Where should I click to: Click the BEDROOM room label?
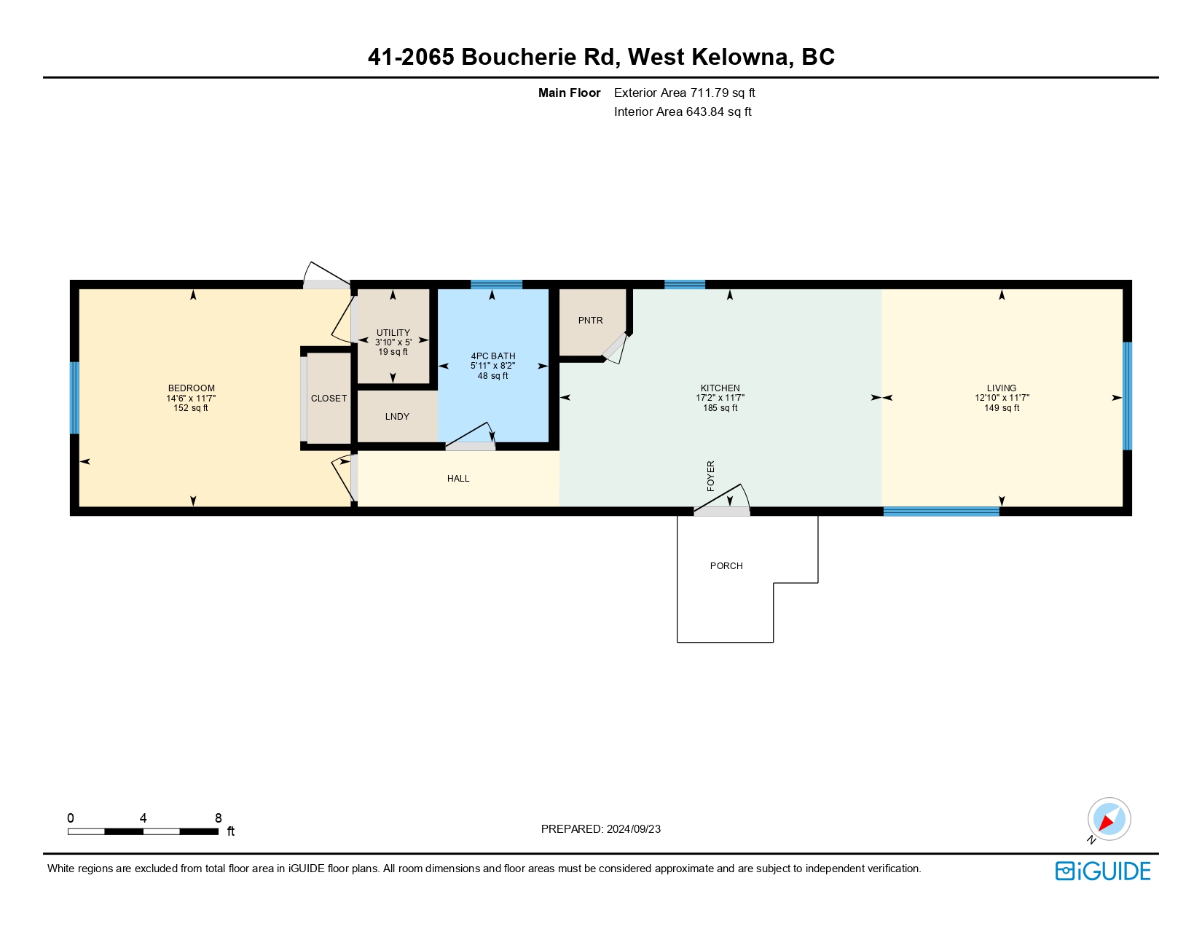192,388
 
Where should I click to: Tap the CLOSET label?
329,399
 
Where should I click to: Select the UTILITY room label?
393,332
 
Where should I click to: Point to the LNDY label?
397,417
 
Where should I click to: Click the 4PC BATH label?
493,356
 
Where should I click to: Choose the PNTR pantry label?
590,321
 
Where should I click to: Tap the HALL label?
458,479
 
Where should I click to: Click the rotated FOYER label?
711,476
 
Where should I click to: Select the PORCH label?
726,566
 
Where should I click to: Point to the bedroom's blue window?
74,398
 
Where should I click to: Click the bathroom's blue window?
496,284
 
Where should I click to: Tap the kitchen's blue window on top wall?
685,284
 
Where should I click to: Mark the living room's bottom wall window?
941,511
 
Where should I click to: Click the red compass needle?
1107,823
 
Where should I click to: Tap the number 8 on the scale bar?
219,818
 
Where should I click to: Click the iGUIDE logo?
1102,871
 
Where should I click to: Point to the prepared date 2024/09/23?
633,829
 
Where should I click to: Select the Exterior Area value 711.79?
709,93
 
